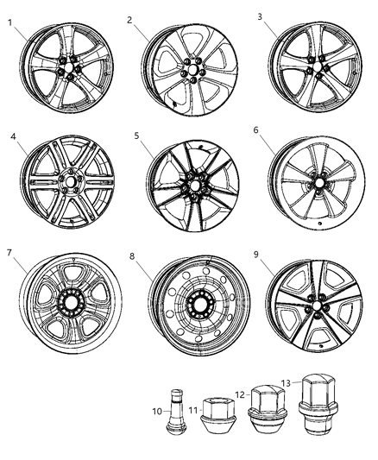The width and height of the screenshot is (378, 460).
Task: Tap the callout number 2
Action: coord(130,19)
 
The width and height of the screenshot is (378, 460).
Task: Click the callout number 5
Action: coord(136,136)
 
